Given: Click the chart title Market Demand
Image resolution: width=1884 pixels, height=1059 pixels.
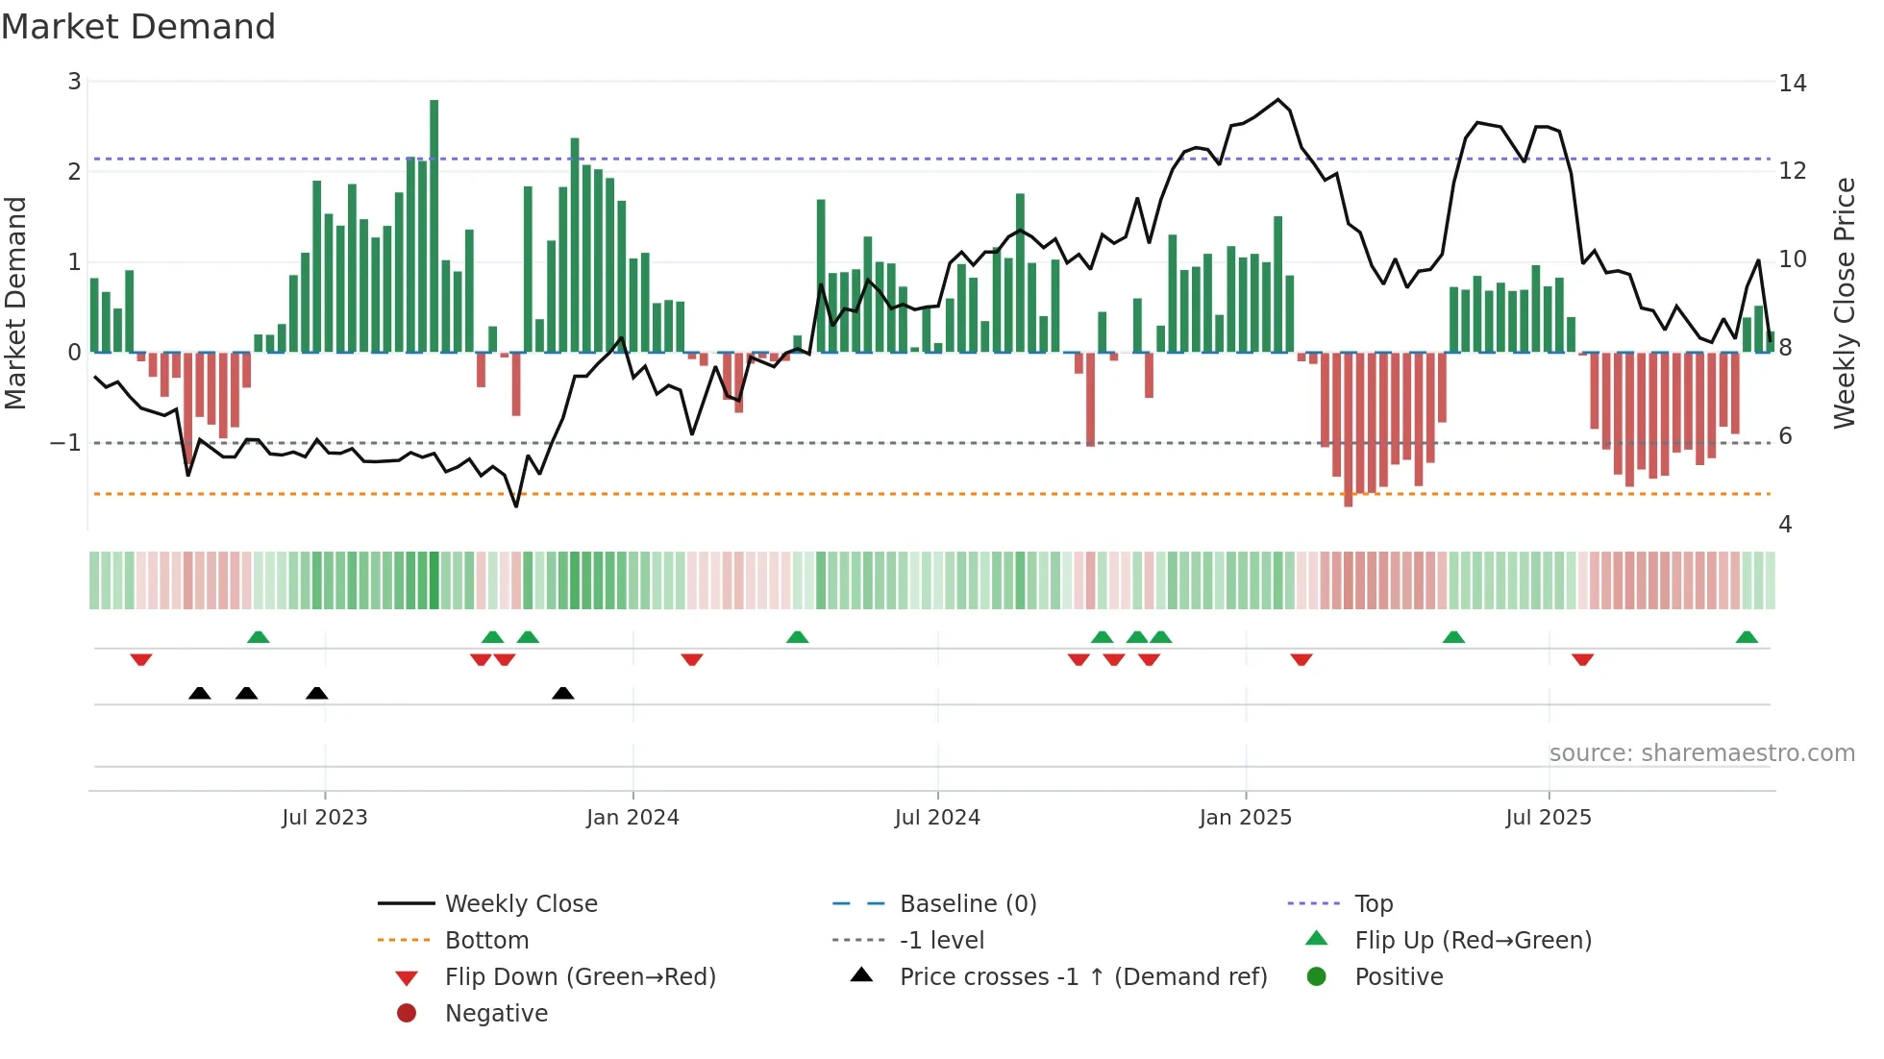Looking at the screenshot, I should tap(138, 27).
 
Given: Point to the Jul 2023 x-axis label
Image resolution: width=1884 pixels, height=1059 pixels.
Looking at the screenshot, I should tap(325, 818).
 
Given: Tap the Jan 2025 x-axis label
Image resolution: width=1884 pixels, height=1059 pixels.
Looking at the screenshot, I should tap(1246, 818).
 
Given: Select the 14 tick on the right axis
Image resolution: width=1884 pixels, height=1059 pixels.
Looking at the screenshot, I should tap(1793, 84).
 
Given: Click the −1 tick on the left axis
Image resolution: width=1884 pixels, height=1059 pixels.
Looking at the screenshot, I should tap(65, 443).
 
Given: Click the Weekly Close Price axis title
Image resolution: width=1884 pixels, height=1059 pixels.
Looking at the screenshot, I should tap(1844, 303).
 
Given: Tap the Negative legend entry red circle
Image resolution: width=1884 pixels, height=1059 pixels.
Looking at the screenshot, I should tap(407, 1014).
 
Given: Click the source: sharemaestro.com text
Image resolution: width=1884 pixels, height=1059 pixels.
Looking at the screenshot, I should tap(1701, 753).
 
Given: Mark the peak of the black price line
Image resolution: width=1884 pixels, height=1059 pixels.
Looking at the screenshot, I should tap(1278, 99).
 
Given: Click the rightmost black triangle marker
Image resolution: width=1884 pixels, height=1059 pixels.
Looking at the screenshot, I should tap(563, 693).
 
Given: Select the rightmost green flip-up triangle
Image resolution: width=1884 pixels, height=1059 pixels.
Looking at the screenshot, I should tap(1747, 637).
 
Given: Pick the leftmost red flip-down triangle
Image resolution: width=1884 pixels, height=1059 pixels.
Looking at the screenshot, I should tap(141, 659).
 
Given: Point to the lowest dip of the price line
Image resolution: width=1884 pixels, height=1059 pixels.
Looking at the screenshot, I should tap(516, 506).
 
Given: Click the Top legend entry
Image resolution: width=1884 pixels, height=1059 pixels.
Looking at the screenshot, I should tap(1373, 904).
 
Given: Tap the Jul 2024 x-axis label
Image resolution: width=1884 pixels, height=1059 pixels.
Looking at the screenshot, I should tap(937, 818).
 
